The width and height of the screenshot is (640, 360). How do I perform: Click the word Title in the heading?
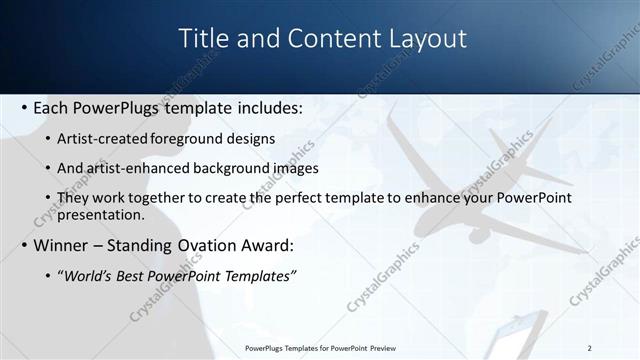[x=203, y=39]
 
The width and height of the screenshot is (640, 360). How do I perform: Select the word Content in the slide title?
[x=329, y=39]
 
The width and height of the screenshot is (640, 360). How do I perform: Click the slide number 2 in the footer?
[x=590, y=347]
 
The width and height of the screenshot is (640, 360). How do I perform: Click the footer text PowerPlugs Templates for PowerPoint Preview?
[x=320, y=347]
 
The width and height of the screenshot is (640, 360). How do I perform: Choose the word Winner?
[x=61, y=245]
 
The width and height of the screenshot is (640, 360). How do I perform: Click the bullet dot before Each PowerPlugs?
[x=24, y=107]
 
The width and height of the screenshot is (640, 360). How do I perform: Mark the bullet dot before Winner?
[x=24, y=245]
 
